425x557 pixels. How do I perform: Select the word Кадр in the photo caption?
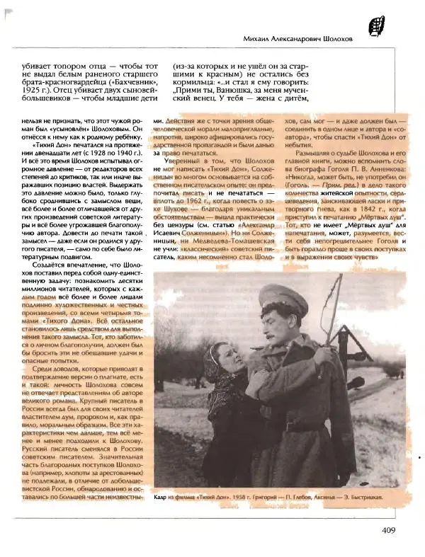pos(161,498)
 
